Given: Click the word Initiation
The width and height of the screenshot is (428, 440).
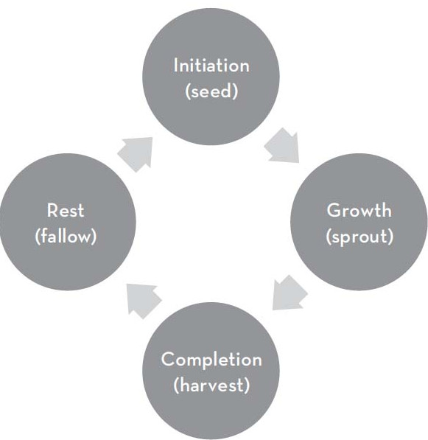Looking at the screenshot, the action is coord(211,65).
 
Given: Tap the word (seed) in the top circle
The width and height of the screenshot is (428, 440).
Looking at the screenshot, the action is coord(211,91).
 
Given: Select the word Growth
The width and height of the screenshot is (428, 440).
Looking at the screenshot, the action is coord(359,210).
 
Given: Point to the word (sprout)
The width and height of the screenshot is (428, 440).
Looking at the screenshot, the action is coord(359,237).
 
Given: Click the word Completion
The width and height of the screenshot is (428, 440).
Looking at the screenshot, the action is coord(211,360).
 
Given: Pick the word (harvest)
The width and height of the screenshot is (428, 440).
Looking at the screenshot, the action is coord(211,385).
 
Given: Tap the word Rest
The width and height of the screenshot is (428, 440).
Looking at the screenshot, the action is coord(66,210).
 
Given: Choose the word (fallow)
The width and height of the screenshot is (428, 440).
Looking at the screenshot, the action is coord(66,236).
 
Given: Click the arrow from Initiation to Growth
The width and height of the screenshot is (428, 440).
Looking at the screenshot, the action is coord(282,146).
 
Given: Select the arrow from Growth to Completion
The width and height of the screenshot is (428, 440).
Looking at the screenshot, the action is coord(290,293).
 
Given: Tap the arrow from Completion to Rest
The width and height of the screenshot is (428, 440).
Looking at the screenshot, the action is coord(144,301).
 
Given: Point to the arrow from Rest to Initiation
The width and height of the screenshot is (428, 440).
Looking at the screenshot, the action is coord(136,154).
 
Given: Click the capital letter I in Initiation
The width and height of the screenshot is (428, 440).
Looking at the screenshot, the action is coord(176,66).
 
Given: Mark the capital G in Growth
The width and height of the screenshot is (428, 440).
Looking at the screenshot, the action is coord(334,211).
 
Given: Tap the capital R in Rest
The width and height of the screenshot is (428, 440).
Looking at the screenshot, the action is coord(52,211).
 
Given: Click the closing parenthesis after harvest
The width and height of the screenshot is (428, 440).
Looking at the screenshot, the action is coord(247,385).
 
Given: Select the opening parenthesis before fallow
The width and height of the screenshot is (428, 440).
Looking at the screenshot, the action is coord(38,236).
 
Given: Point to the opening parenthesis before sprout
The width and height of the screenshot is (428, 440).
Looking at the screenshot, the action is coord(329,237).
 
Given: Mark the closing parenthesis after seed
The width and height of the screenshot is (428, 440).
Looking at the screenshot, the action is coord(236,91).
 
